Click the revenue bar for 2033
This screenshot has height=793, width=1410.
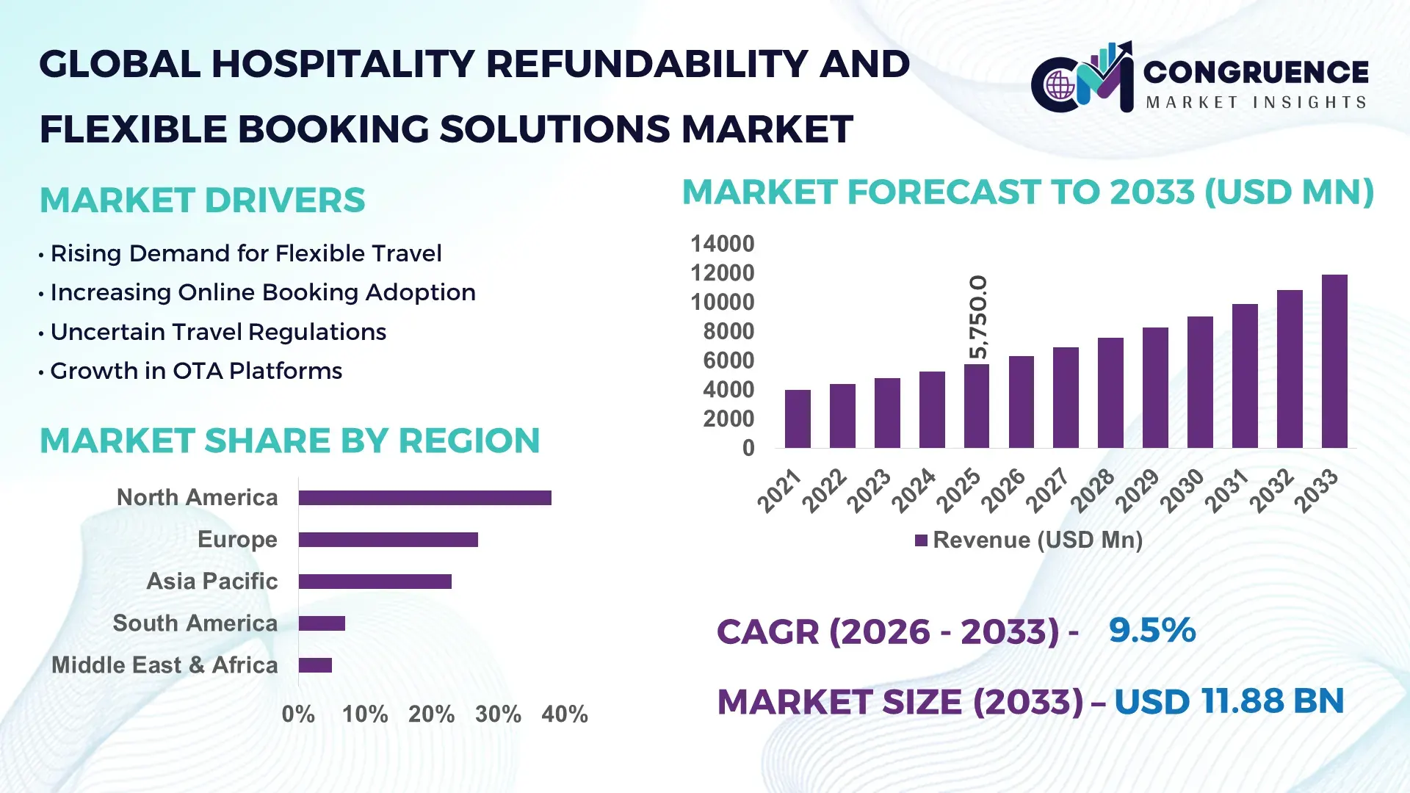[1334, 361]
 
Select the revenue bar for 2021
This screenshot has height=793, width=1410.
[798, 419]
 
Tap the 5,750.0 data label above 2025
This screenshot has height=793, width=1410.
[978, 317]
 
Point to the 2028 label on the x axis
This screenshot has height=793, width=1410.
[1092, 490]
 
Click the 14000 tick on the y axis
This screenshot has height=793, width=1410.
[722, 244]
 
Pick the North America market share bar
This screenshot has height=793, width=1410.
[424, 498]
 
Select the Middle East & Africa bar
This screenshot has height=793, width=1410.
[315, 665]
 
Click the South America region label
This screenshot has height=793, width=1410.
[195, 623]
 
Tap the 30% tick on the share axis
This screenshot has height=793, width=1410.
[498, 714]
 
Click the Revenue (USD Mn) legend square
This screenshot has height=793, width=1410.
[921, 540]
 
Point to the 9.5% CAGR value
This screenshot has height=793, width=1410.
[1151, 630]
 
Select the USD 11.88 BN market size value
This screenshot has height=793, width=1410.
[1229, 701]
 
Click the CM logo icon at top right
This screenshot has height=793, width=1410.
[1082, 78]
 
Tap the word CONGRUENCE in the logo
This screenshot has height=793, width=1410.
[1256, 72]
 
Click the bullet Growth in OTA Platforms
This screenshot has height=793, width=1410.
[195, 371]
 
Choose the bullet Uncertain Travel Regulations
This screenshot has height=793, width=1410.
[217, 332]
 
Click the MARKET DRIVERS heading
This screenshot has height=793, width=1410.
[202, 200]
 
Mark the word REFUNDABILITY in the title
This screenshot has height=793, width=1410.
[646, 64]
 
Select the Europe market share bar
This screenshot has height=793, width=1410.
[388, 540]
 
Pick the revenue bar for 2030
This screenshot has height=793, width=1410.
[1200, 382]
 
